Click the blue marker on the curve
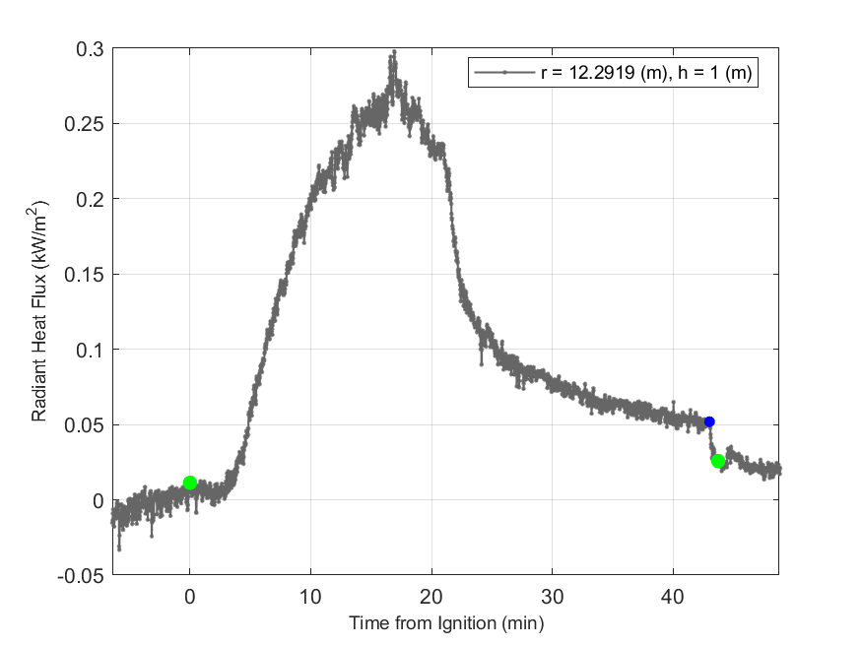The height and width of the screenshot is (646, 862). click(709, 421)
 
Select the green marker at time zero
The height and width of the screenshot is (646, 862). click(190, 483)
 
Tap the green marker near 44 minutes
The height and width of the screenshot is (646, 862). click(718, 461)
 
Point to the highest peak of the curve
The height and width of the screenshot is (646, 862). click(393, 52)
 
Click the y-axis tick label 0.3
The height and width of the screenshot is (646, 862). click(92, 49)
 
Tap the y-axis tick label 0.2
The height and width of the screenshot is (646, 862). click(92, 199)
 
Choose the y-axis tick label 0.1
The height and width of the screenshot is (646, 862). click(92, 350)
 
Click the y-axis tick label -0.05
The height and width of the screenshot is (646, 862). click(85, 576)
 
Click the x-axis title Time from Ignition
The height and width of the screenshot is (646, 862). click(445, 623)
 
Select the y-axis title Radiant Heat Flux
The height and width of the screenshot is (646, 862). click(39, 311)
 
